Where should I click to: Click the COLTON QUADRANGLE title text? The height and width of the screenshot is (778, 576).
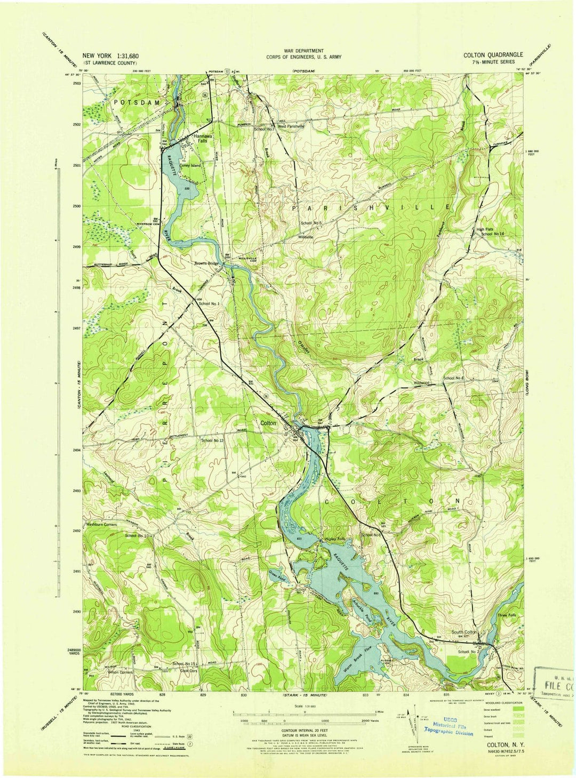coord(493,55)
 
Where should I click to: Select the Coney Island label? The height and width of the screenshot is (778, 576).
coord(190,166)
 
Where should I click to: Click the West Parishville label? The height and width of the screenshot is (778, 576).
coord(290,126)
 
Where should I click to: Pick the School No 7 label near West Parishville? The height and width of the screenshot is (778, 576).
coord(264,129)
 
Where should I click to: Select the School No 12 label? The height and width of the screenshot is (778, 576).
coord(212,440)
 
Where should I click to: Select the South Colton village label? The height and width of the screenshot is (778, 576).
coord(463,632)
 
